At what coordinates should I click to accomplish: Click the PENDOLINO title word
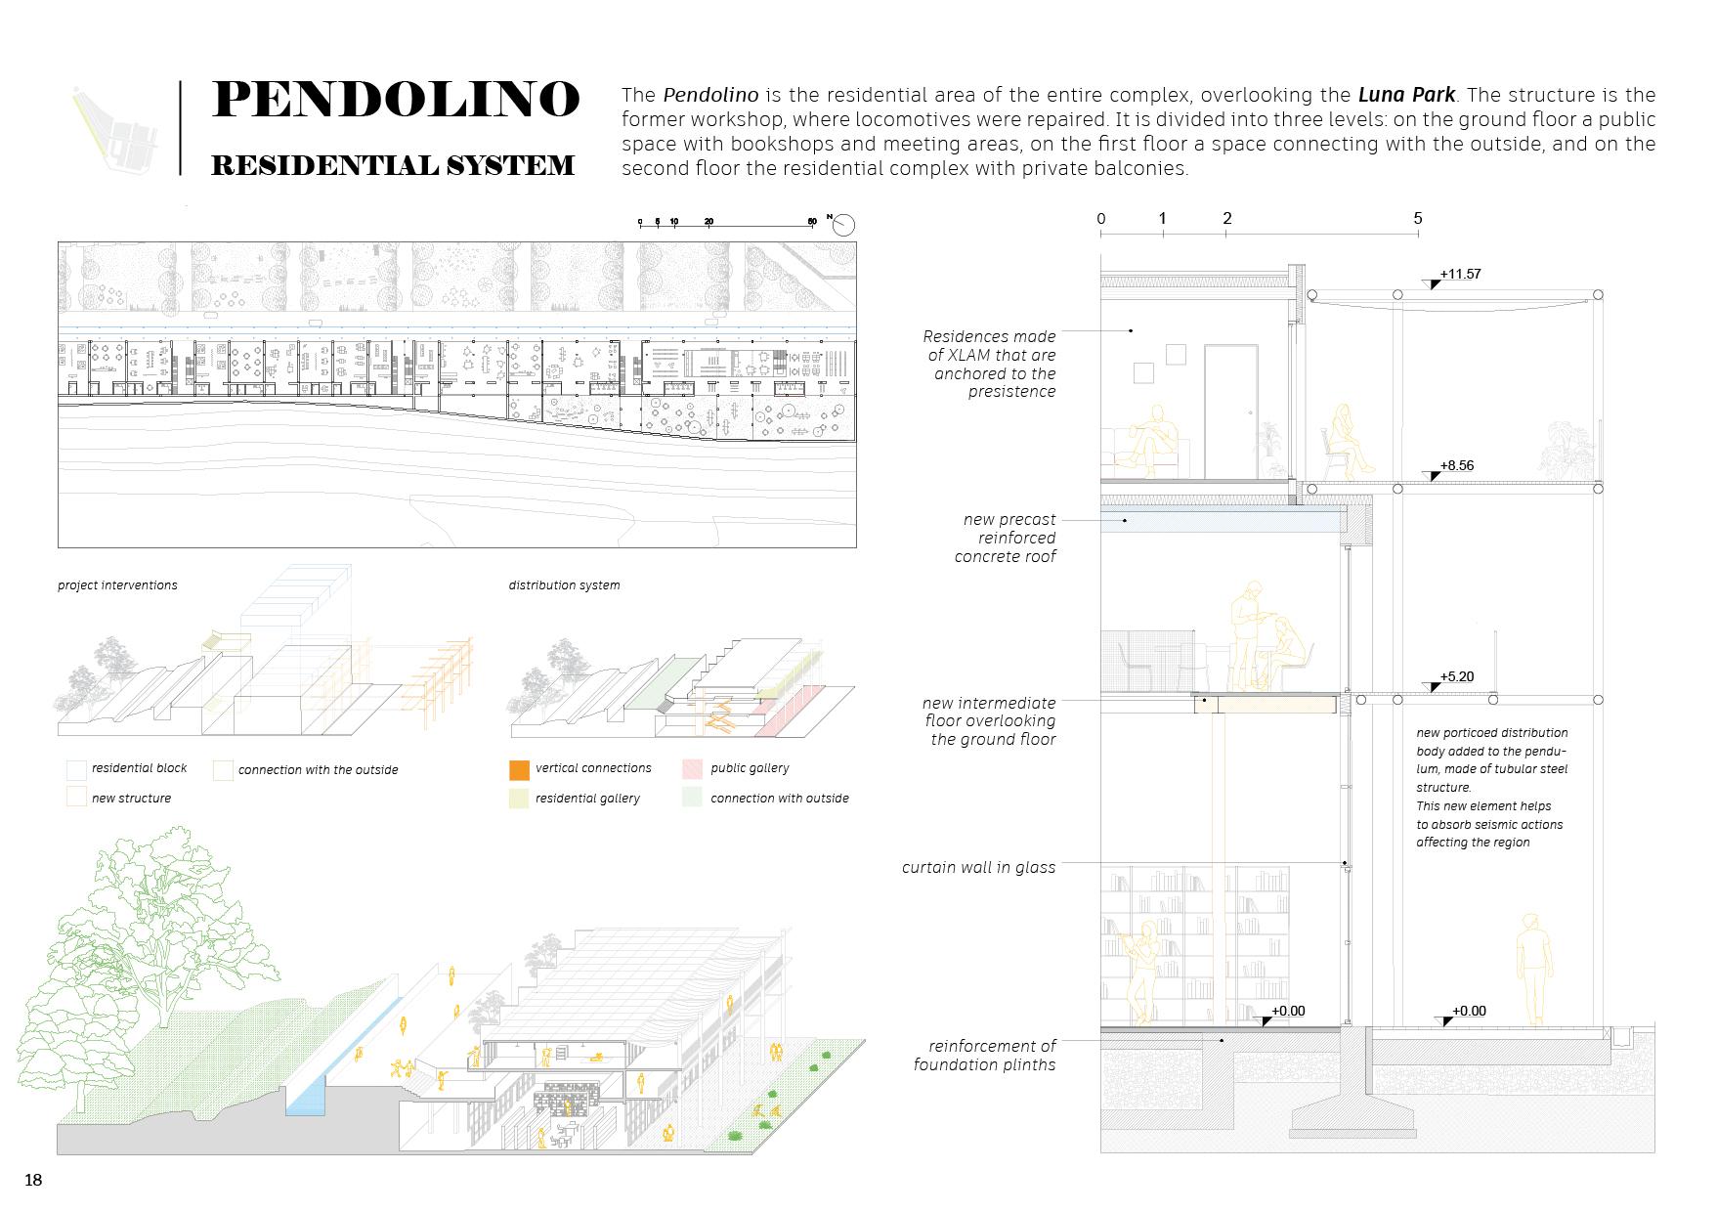click(395, 100)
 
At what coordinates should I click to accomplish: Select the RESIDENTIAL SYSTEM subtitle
click(393, 165)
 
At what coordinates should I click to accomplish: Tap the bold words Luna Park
click(1406, 96)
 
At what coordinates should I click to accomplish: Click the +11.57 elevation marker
click(1460, 275)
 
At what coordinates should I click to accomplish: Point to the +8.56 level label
click(1456, 466)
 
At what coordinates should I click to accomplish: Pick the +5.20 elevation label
click(1456, 676)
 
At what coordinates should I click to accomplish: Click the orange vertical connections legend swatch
click(519, 769)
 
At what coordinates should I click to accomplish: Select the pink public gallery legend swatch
click(692, 769)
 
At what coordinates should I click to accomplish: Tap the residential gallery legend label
click(587, 799)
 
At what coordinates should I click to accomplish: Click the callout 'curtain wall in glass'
click(978, 868)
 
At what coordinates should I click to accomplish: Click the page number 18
click(33, 1180)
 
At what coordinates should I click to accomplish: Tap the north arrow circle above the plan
click(843, 225)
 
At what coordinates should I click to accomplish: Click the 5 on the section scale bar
click(1417, 219)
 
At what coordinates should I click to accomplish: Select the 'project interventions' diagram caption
click(117, 585)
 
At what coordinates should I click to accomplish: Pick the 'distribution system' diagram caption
click(564, 585)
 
